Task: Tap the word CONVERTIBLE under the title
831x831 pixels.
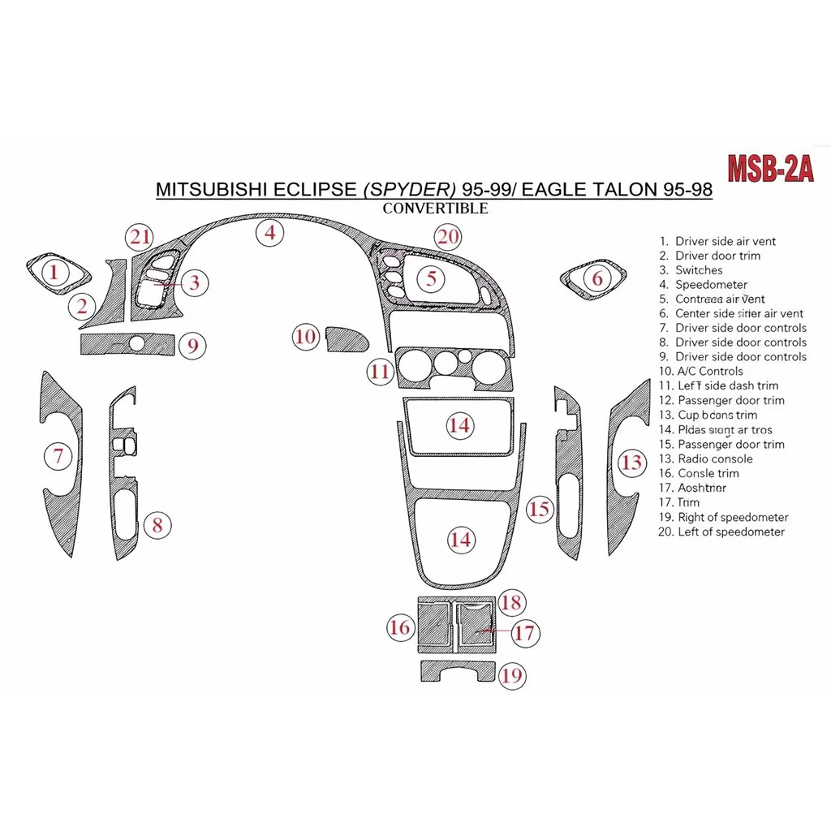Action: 435,208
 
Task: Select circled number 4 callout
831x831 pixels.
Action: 270,234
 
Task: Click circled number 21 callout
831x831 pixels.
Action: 140,237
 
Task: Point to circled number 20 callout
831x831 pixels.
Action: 448,237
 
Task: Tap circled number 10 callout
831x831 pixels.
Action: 306,337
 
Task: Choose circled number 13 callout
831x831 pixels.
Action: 631,463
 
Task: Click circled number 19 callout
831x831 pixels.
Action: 511,675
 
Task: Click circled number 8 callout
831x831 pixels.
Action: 157,525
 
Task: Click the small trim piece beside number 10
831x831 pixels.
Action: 345,338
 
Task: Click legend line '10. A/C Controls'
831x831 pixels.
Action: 701,371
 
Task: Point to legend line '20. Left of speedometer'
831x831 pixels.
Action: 721,532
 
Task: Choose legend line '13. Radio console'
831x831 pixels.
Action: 705,459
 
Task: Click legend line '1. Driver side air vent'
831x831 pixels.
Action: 717,241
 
